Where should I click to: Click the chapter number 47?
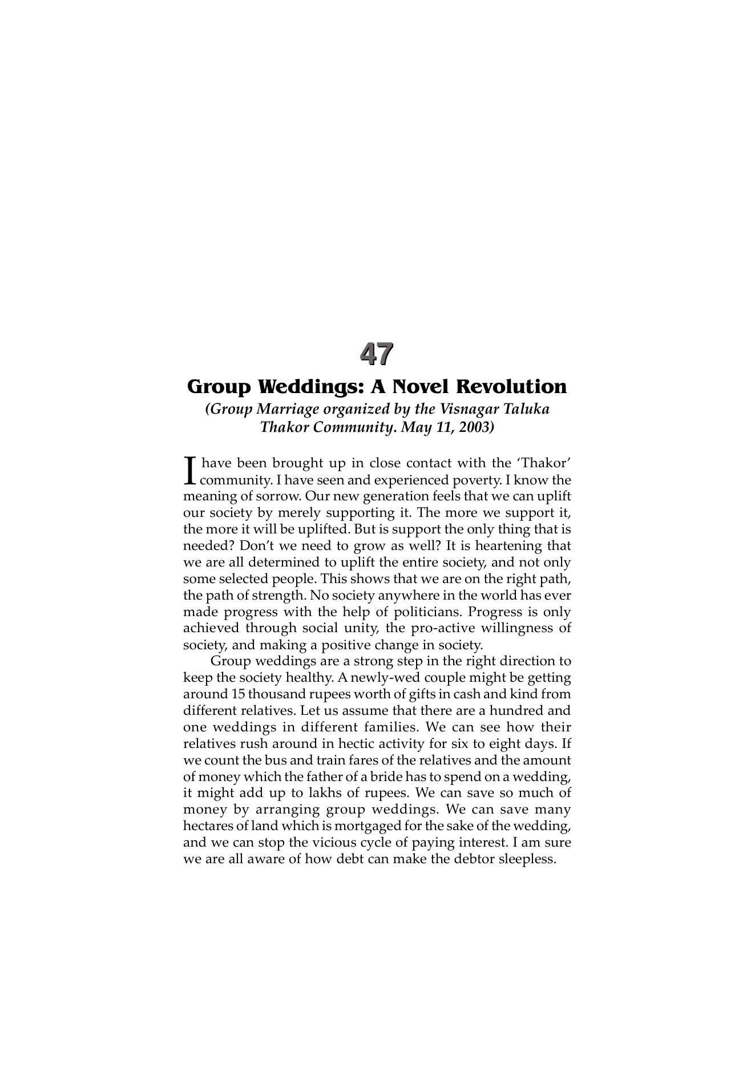[x=377, y=354]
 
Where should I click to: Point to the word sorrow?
[x=277, y=496]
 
